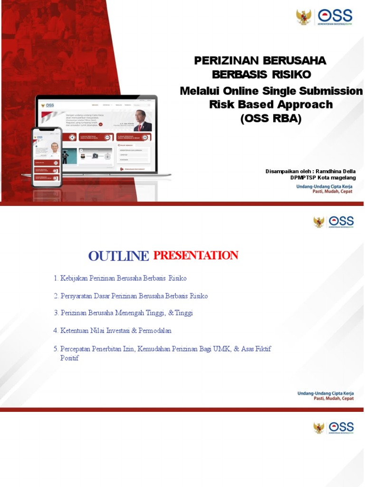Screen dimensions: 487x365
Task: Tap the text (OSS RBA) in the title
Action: [x=271, y=119]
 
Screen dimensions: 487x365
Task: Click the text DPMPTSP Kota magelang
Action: [x=323, y=177]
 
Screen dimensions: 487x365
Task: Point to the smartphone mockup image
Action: [x=47, y=156]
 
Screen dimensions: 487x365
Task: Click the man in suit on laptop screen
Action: [x=141, y=121]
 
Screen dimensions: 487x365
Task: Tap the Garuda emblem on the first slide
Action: [x=304, y=17]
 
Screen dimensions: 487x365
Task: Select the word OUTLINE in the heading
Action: [x=118, y=256]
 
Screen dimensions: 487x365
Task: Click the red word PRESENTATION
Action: [x=195, y=255]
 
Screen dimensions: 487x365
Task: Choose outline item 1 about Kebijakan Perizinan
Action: [x=120, y=278]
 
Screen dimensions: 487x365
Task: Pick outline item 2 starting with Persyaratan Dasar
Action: [x=131, y=296]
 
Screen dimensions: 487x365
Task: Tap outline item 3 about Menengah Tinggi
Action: [x=123, y=313]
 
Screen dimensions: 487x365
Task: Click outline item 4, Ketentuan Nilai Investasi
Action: [x=113, y=330]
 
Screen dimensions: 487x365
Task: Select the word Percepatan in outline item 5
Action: [x=77, y=349]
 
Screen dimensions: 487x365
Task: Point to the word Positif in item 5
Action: [x=69, y=358]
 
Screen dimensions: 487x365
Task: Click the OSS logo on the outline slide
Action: [x=341, y=221]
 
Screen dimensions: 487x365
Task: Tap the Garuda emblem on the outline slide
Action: [x=319, y=222]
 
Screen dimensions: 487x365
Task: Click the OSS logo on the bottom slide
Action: [x=341, y=427]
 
